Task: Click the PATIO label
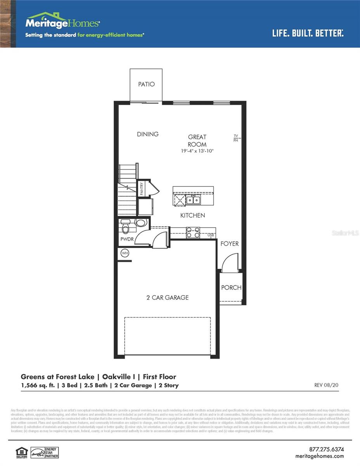point(146,84)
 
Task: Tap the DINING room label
point(148,134)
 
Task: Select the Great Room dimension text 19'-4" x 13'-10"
point(197,151)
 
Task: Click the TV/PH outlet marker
point(235,138)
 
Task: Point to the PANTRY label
point(142,189)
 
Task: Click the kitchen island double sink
point(193,200)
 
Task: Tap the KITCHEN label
point(193,215)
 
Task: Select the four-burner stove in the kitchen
point(193,232)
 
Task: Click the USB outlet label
point(211,235)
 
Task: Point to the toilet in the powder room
point(126,224)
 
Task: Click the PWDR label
point(127,239)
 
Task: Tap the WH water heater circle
point(125,253)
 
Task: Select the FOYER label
point(230,243)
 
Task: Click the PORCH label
point(231,287)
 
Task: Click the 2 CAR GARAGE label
point(168,297)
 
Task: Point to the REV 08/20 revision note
point(326,385)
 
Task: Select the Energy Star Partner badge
point(45,452)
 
